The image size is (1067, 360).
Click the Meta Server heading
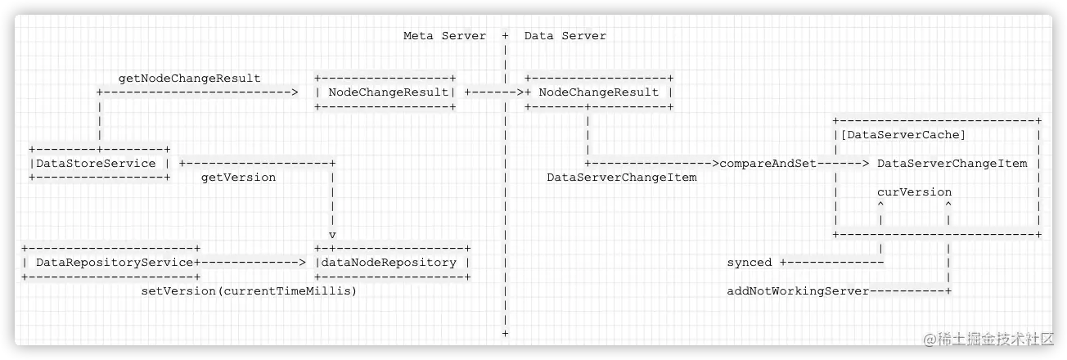pos(444,36)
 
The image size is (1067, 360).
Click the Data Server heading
pos(565,36)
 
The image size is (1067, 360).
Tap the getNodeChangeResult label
pos(189,79)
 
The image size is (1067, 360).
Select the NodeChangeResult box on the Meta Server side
pos(385,92)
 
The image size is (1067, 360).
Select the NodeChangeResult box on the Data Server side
pos(599,92)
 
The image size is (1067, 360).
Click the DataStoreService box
pos(99,164)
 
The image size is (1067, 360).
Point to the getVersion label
pos(238,178)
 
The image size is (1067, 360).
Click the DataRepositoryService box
pos(111,263)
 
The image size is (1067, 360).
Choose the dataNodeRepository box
pos(391,263)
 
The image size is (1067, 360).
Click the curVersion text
pos(914,192)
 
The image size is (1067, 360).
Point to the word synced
pos(749,263)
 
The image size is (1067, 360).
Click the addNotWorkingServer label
pos(798,291)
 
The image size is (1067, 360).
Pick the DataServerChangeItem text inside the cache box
pos(952,164)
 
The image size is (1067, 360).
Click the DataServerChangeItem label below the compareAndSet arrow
pos(621,178)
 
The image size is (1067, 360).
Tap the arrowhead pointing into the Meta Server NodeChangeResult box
pos(295,92)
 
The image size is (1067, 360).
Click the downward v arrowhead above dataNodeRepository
pos(332,234)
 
